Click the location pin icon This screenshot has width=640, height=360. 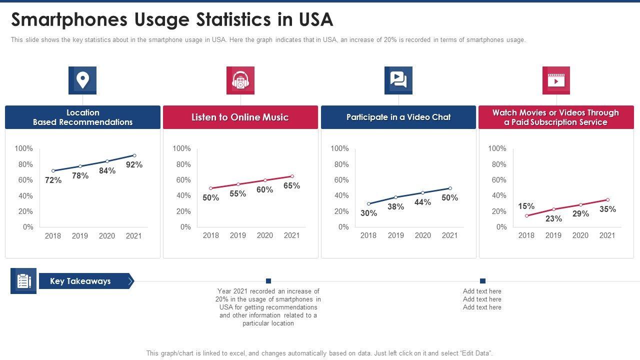[x=82, y=80]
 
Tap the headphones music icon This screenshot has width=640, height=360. [x=240, y=80]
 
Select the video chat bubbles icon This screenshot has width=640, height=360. [x=398, y=80]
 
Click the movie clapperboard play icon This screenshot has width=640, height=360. [x=556, y=80]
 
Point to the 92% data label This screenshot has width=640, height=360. [x=134, y=164]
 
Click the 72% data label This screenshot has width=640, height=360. [x=53, y=180]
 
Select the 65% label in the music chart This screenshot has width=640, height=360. [x=291, y=185]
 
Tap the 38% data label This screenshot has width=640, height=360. [x=395, y=206]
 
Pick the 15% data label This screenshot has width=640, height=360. [x=526, y=206]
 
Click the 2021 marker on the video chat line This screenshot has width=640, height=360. [x=450, y=188]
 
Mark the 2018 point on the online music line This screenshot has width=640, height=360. [x=211, y=188]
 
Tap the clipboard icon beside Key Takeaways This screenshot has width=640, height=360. [x=23, y=281]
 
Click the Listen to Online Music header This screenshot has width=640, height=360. [x=240, y=117]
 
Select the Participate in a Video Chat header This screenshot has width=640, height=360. [x=398, y=117]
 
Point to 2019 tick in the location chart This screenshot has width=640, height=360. [x=80, y=235]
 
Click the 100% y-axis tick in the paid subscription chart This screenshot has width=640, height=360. [x=497, y=148]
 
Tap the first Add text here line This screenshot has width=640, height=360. [x=482, y=291]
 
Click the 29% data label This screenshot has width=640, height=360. [x=580, y=213]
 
